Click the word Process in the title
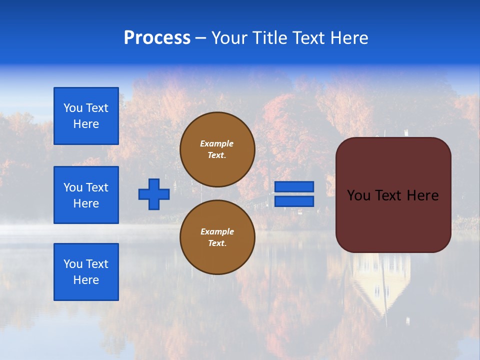157,38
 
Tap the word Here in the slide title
349,38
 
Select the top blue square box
86,116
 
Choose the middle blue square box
86,195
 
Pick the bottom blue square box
86,272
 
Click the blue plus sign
154,194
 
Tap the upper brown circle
217,149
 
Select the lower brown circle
217,237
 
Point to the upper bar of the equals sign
294,186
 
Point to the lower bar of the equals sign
294,201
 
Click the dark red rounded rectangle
393,195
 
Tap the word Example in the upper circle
217,143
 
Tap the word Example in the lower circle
217,231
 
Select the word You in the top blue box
73,108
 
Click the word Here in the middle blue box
86,203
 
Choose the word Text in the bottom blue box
97,264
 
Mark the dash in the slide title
201,38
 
